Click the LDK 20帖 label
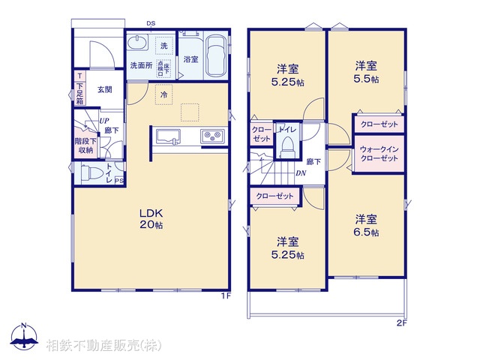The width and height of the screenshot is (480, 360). [x=150, y=217]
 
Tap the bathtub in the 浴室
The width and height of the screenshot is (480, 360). [x=217, y=55]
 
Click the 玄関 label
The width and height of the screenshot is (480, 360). [x=104, y=89]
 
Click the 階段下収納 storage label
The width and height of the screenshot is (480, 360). [x=83, y=145]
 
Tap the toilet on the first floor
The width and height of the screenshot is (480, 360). [x=91, y=172]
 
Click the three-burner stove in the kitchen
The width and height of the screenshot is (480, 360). [x=211, y=136]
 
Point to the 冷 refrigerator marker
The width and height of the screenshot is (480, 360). [x=163, y=94]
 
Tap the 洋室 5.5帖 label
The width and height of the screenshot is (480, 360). [x=366, y=72]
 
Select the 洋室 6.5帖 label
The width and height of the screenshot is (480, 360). [x=366, y=226]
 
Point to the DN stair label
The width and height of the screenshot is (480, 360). [x=300, y=174]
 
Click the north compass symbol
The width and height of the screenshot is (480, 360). [x=24, y=338]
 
